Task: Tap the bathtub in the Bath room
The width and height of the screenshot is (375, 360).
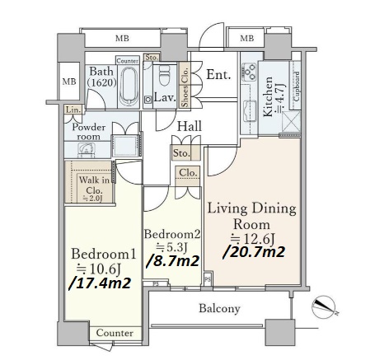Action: [x=129, y=86]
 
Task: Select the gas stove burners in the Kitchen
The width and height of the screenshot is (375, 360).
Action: [x=250, y=72]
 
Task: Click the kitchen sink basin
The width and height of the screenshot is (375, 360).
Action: [x=250, y=111]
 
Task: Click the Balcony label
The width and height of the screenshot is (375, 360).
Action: [x=219, y=308]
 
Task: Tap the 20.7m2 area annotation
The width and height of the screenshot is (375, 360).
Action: [x=254, y=252]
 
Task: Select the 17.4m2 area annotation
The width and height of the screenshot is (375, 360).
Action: [x=100, y=283]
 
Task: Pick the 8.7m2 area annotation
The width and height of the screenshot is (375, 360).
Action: [x=172, y=261]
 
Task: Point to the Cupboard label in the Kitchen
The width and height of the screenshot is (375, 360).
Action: [x=297, y=86]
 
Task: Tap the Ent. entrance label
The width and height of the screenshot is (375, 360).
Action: [x=218, y=75]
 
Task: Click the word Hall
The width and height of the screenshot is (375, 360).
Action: [x=190, y=126]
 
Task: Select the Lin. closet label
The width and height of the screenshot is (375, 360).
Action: [x=73, y=110]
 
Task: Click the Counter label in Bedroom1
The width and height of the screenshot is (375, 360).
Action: [x=115, y=333]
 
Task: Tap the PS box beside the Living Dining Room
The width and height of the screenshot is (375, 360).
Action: [x=208, y=278]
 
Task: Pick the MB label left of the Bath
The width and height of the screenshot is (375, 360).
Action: [x=69, y=82]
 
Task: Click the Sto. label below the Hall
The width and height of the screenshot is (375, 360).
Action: [x=181, y=153]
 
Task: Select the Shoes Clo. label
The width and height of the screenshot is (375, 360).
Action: [x=185, y=87]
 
